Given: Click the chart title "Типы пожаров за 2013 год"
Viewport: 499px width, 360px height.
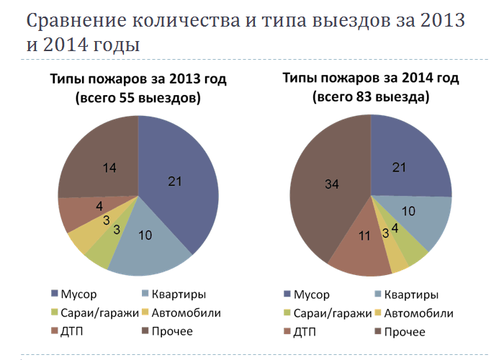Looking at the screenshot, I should (x=138, y=78).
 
